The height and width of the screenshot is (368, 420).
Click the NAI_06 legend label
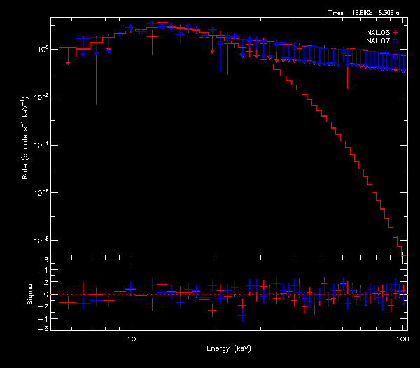click(378, 33)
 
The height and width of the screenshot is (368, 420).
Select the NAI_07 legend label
click(378, 41)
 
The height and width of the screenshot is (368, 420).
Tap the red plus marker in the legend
click(395, 33)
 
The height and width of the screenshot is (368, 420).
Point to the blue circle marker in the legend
click(395, 41)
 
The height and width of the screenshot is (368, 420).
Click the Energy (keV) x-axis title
click(229, 348)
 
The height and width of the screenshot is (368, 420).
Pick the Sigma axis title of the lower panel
click(30, 294)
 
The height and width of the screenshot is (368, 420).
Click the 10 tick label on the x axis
click(131, 338)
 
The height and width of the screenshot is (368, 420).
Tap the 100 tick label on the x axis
click(402, 338)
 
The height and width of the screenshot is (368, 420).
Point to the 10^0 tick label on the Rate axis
click(41, 50)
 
